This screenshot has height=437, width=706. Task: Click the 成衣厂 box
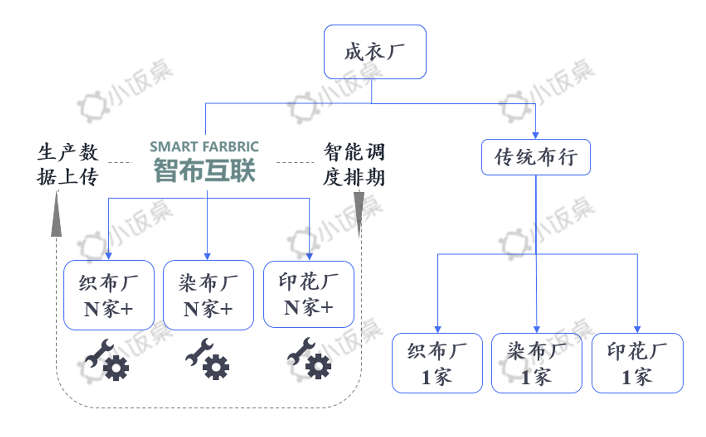click(x=375, y=52)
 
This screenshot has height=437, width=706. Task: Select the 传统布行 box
click(x=536, y=157)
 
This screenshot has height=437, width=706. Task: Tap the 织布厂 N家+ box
click(x=109, y=295)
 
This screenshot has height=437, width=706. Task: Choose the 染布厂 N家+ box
click(x=208, y=295)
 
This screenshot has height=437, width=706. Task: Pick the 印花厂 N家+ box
click(x=308, y=294)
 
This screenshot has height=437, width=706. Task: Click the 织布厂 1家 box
click(x=437, y=363)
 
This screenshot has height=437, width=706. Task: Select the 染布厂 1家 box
click(x=537, y=363)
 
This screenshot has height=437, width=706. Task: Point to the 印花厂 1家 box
click(x=637, y=363)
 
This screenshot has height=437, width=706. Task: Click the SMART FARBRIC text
click(x=204, y=147)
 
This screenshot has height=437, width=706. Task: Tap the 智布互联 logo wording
click(x=204, y=170)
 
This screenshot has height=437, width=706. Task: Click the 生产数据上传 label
click(x=68, y=164)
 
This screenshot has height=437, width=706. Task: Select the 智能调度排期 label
click(x=354, y=164)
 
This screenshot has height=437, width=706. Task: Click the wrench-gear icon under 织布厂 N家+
click(x=107, y=360)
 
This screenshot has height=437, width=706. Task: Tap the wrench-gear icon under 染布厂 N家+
click(x=208, y=359)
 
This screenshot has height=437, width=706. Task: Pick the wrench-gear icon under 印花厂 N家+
click(x=309, y=358)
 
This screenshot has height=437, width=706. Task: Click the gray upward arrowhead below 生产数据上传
click(x=56, y=216)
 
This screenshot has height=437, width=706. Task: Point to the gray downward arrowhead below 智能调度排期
click(x=359, y=213)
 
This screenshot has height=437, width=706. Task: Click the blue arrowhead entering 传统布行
click(x=536, y=135)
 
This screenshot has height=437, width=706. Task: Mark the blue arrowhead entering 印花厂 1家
click(x=637, y=329)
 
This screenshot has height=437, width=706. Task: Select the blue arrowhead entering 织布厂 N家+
click(x=109, y=256)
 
